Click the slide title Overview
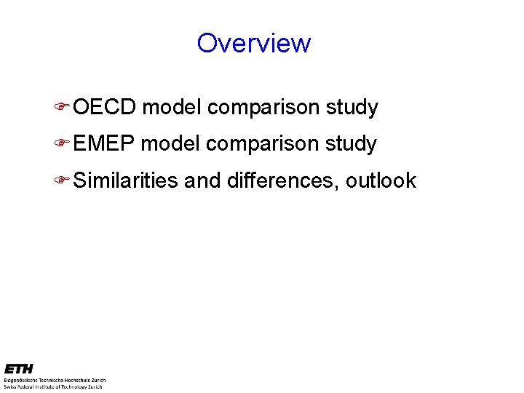point(253,43)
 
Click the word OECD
point(105,108)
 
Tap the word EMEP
point(104,144)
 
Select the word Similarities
point(125,180)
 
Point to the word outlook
point(381,180)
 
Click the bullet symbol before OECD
point(63,108)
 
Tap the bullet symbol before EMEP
point(63,144)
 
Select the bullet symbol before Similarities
point(63,180)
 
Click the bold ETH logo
point(18,369)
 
